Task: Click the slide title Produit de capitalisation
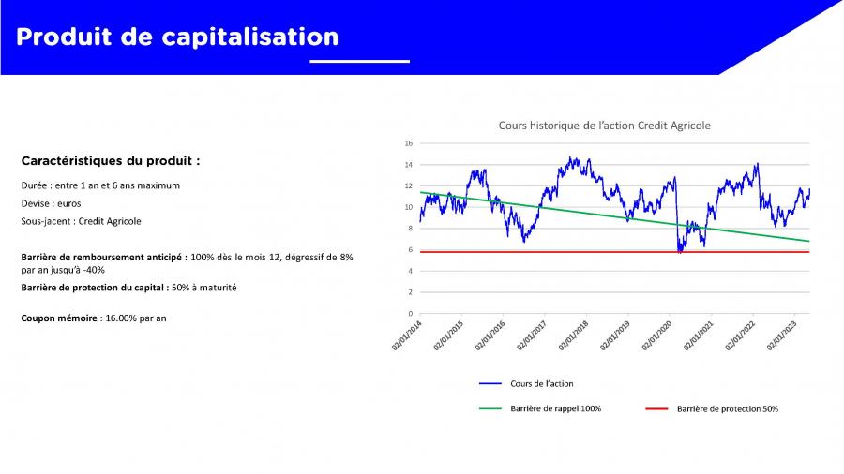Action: pyautogui.click(x=177, y=37)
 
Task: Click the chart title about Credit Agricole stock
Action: pyautogui.click(x=605, y=126)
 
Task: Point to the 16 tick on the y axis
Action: pyautogui.click(x=409, y=143)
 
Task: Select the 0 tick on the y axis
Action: pyautogui.click(x=410, y=313)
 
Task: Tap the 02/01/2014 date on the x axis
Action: pyautogui.click(x=407, y=335)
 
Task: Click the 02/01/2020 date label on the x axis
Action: pyautogui.click(x=657, y=335)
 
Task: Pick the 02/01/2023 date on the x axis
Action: pyautogui.click(x=782, y=335)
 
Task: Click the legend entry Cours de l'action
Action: pyautogui.click(x=541, y=384)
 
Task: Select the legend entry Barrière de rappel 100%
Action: pyautogui.click(x=555, y=409)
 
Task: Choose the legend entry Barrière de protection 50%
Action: pyautogui.click(x=728, y=409)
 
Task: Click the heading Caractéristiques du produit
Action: pyautogui.click(x=111, y=161)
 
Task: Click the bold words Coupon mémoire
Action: pyautogui.click(x=59, y=318)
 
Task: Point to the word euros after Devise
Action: pyautogui.click(x=68, y=203)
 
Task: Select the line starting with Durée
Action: pyautogui.click(x=100, y=185)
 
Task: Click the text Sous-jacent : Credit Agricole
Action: pyautogui.click(x=81, y=221)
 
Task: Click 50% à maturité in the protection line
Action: pyautogui.click(x=204, y=288)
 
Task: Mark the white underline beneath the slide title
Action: pyautogui.click(x=359, y=61)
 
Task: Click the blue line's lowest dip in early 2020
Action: pyautogui.click(x=680, y=252)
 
